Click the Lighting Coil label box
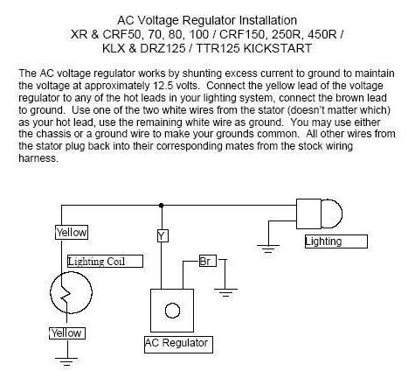pyautogui.click(x=105, y=262)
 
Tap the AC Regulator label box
pyautogui.click(x=178, y=345)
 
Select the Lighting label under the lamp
pyautogui.click(x=336, y=241)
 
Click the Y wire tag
pyautogui.click(x=163, y=235)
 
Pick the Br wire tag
pyautogui.click(x=208, y=261)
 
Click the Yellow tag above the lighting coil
pyautogui.click(x=72, y=233)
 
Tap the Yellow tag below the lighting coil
pyautogui.click(x=67, y=333)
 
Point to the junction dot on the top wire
pyautogui.click(x=161, y=206)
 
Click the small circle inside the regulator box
pyautogui.click(x=172, y=311)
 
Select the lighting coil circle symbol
pyautogui.click(x=51, y=292)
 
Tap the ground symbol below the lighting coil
pyautogui.click(x=66, y=361)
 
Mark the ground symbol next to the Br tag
pyautogui.click(x=225, y=292)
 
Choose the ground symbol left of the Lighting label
pyautogui.click(x=268, y=248)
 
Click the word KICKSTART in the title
pyautogui.click(x=277, y=48)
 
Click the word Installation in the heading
pyautogui.click(x=268, y=20)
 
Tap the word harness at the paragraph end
pyautogui.click(x=38, y=158)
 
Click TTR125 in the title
pyautogui.click(x=218, y=48)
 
